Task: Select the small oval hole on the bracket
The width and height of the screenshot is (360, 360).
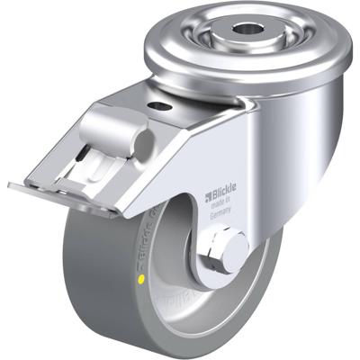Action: [x=163, y=107]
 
